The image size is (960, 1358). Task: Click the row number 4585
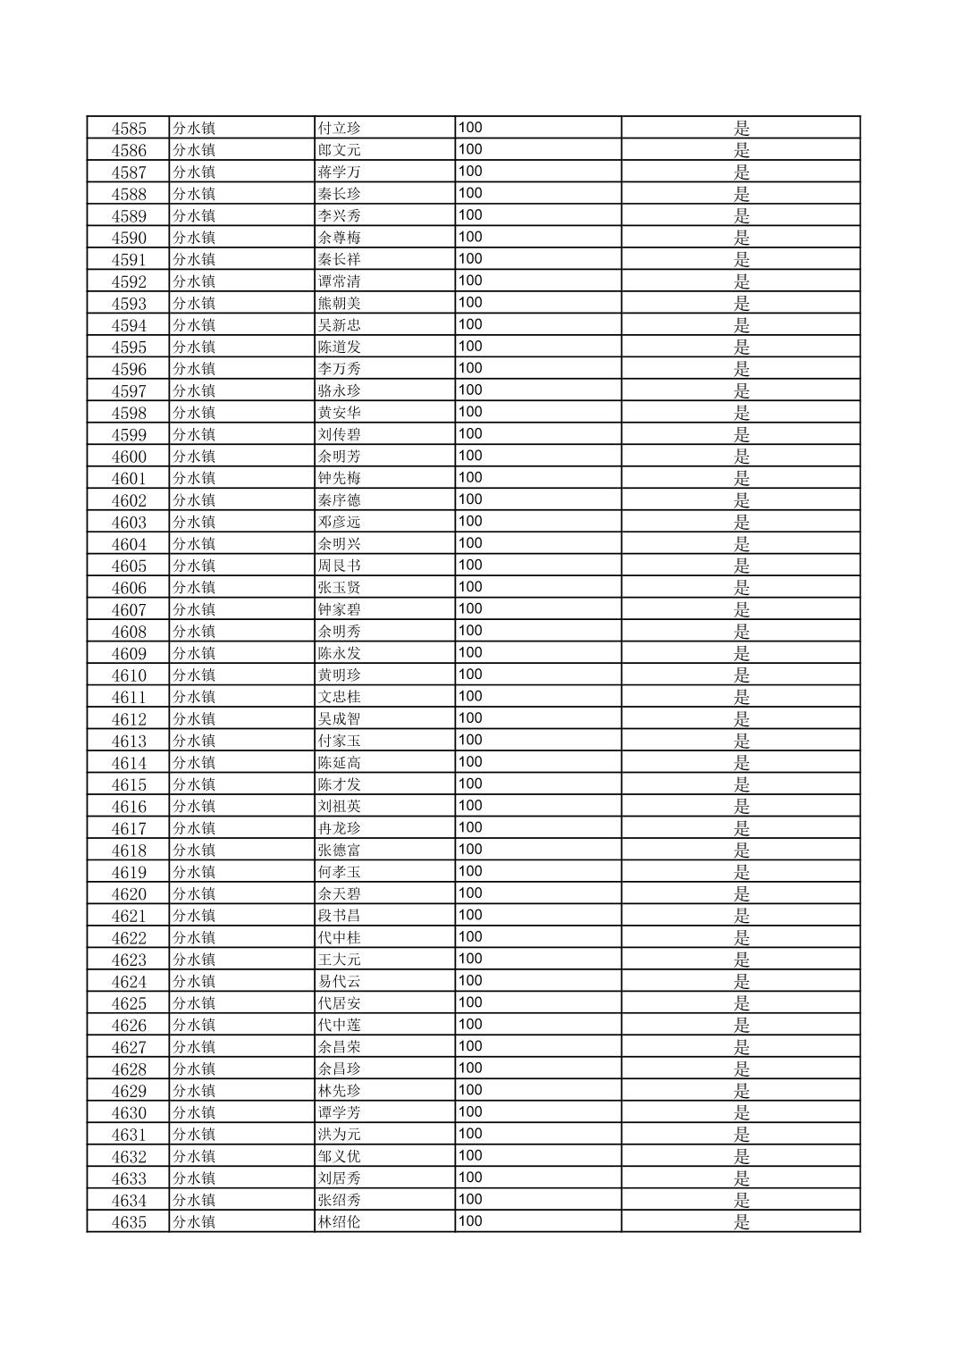click(129, 129)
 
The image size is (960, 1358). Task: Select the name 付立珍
click(340, 129)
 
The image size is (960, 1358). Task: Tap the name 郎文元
click(340, 150)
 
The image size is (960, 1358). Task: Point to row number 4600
click(129, 457)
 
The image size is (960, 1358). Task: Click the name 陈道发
click(340, 348)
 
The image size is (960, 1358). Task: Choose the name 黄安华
click(340, 413)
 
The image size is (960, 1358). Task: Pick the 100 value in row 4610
click(470, 675)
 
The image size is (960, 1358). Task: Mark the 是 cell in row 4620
click(741, 894)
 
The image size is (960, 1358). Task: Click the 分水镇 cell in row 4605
click(194, 566)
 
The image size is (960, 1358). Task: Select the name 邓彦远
click(340, 523)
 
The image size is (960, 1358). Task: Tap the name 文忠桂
click(340, 697)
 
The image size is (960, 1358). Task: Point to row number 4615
click(129, 784)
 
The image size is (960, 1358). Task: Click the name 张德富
click(340, 851)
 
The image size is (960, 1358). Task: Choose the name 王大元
click(340, 960)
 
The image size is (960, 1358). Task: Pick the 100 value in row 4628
click(470, 1069)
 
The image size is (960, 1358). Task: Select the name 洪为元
click(340, 1135)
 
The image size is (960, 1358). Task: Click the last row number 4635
click(129, 1222)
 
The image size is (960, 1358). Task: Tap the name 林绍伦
click(340, 1222)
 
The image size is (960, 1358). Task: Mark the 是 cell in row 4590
click(741, 238)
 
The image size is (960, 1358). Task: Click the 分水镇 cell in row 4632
click(194, 1156)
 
